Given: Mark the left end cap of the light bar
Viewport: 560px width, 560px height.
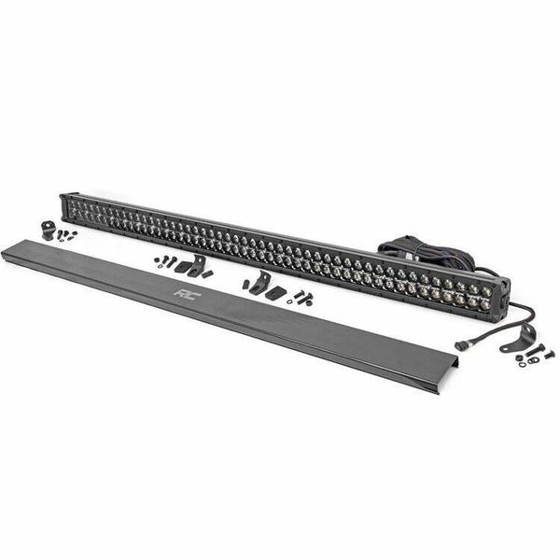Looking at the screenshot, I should coord(65,206).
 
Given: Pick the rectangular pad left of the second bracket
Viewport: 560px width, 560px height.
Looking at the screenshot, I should coord(184,267).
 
